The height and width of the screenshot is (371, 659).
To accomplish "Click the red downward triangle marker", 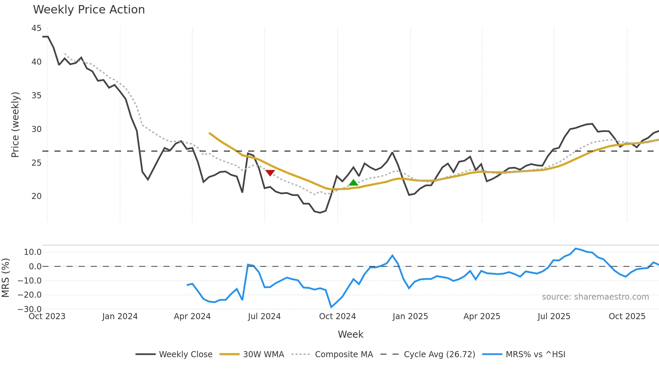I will [x=270, y=173].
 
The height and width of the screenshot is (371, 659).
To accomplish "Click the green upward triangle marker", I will [x=353, y=183].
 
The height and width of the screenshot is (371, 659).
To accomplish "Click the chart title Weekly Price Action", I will [x=89, y=9].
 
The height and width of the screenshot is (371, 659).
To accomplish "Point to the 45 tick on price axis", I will [x=36, y=28].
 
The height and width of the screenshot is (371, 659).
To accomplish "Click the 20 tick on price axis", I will [x=36, y=196].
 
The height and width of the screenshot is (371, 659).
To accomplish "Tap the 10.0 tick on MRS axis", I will [x=33, y=252].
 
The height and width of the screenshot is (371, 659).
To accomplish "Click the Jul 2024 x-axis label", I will [x=264, y=316].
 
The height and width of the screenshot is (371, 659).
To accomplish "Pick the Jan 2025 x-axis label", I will [x=410, y=316].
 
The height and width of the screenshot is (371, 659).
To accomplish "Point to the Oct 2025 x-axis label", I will [x=627, y=316].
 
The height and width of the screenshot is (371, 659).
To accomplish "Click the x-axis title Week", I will [x=350, y=334].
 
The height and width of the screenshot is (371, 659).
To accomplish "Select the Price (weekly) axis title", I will [x=15, y=125].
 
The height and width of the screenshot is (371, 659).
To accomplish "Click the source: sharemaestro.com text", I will [x=595, y=297].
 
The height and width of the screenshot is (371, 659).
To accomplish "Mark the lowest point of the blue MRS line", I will [x=332, y=307].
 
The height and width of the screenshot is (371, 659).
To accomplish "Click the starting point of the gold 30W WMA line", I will [x=209, y=133].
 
